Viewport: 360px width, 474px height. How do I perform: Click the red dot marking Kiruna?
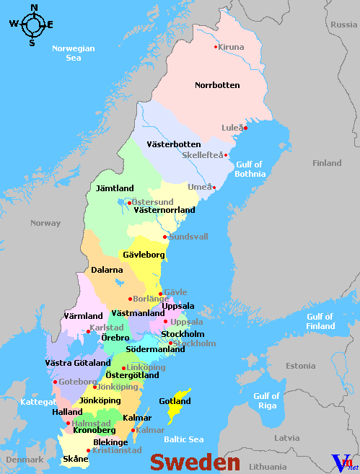pyautogui.click(x=215, y=47)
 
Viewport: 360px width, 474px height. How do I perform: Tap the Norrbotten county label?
pyautogui.click(x=217, y=85)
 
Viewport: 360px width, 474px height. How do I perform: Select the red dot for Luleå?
pyautogui.click(x=245, y=128)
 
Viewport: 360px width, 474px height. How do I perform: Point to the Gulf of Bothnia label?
pyautogui.click(x=250, y=169)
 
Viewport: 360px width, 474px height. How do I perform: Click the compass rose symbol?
pyautogui.click(x=32, y=25)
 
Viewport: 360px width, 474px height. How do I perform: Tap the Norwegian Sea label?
pyautogui.click(x=73, y=53)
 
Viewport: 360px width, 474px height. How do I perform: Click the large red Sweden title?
pyautogui.click(x=195, y=462)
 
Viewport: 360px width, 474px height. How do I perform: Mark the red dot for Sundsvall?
pyautogui.click(x=165, y=237)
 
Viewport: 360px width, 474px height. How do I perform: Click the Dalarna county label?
pyautogui.click(x=106, y=270)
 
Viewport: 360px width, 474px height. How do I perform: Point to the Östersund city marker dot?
pyautogui.click(x=129, y=203)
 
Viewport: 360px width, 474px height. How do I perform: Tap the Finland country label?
pyautogui.click(x=327, y=163)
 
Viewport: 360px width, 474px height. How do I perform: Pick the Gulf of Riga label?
pyautogui.click(x=266, y=400)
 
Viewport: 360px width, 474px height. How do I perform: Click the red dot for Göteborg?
pyautogui.click(x=55, y=382)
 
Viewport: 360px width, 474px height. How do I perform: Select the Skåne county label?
pyautogui.click(x=76, y=459)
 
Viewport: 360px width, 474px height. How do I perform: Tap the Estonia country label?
pyautogui.click(x=301, y=366)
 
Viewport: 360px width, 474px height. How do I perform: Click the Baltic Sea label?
pyautogui.click(x=183, y=439)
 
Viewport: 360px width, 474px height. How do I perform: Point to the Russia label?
pyautogui.click(x=343, y=25)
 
